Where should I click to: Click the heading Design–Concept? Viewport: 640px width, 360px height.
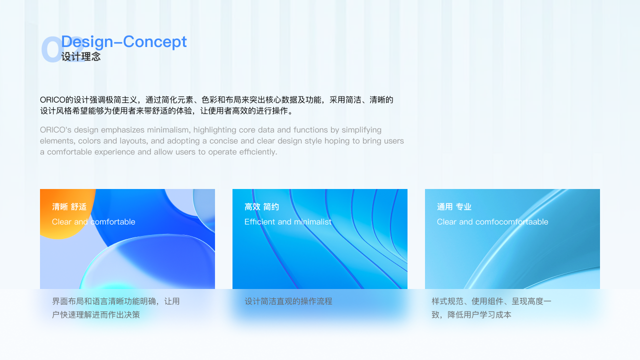[x=124, y=41]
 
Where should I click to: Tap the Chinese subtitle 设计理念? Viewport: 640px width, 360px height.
[x=81, y=56]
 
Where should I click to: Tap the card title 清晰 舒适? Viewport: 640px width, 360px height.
[x=69, y=207]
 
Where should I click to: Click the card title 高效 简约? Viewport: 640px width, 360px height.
[x=261, y=207]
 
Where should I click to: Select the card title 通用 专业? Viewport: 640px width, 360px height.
[x=454, y=207]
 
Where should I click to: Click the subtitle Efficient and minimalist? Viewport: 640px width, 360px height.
[x=287, y=222]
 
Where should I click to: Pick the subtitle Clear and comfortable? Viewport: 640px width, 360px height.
[x=93, y=222]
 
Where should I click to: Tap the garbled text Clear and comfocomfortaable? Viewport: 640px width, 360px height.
[x=492, y=222]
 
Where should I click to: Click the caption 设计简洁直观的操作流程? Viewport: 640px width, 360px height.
[x=288, y=301]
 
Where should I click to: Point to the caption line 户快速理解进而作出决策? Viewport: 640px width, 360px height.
[x=96, y=315]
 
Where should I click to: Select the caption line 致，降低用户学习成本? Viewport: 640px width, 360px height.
[x=471, y=315]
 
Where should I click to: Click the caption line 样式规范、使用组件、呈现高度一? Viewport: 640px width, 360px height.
[x=491, y=301]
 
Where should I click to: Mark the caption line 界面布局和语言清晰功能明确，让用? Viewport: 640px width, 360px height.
[x=115, y=301]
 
